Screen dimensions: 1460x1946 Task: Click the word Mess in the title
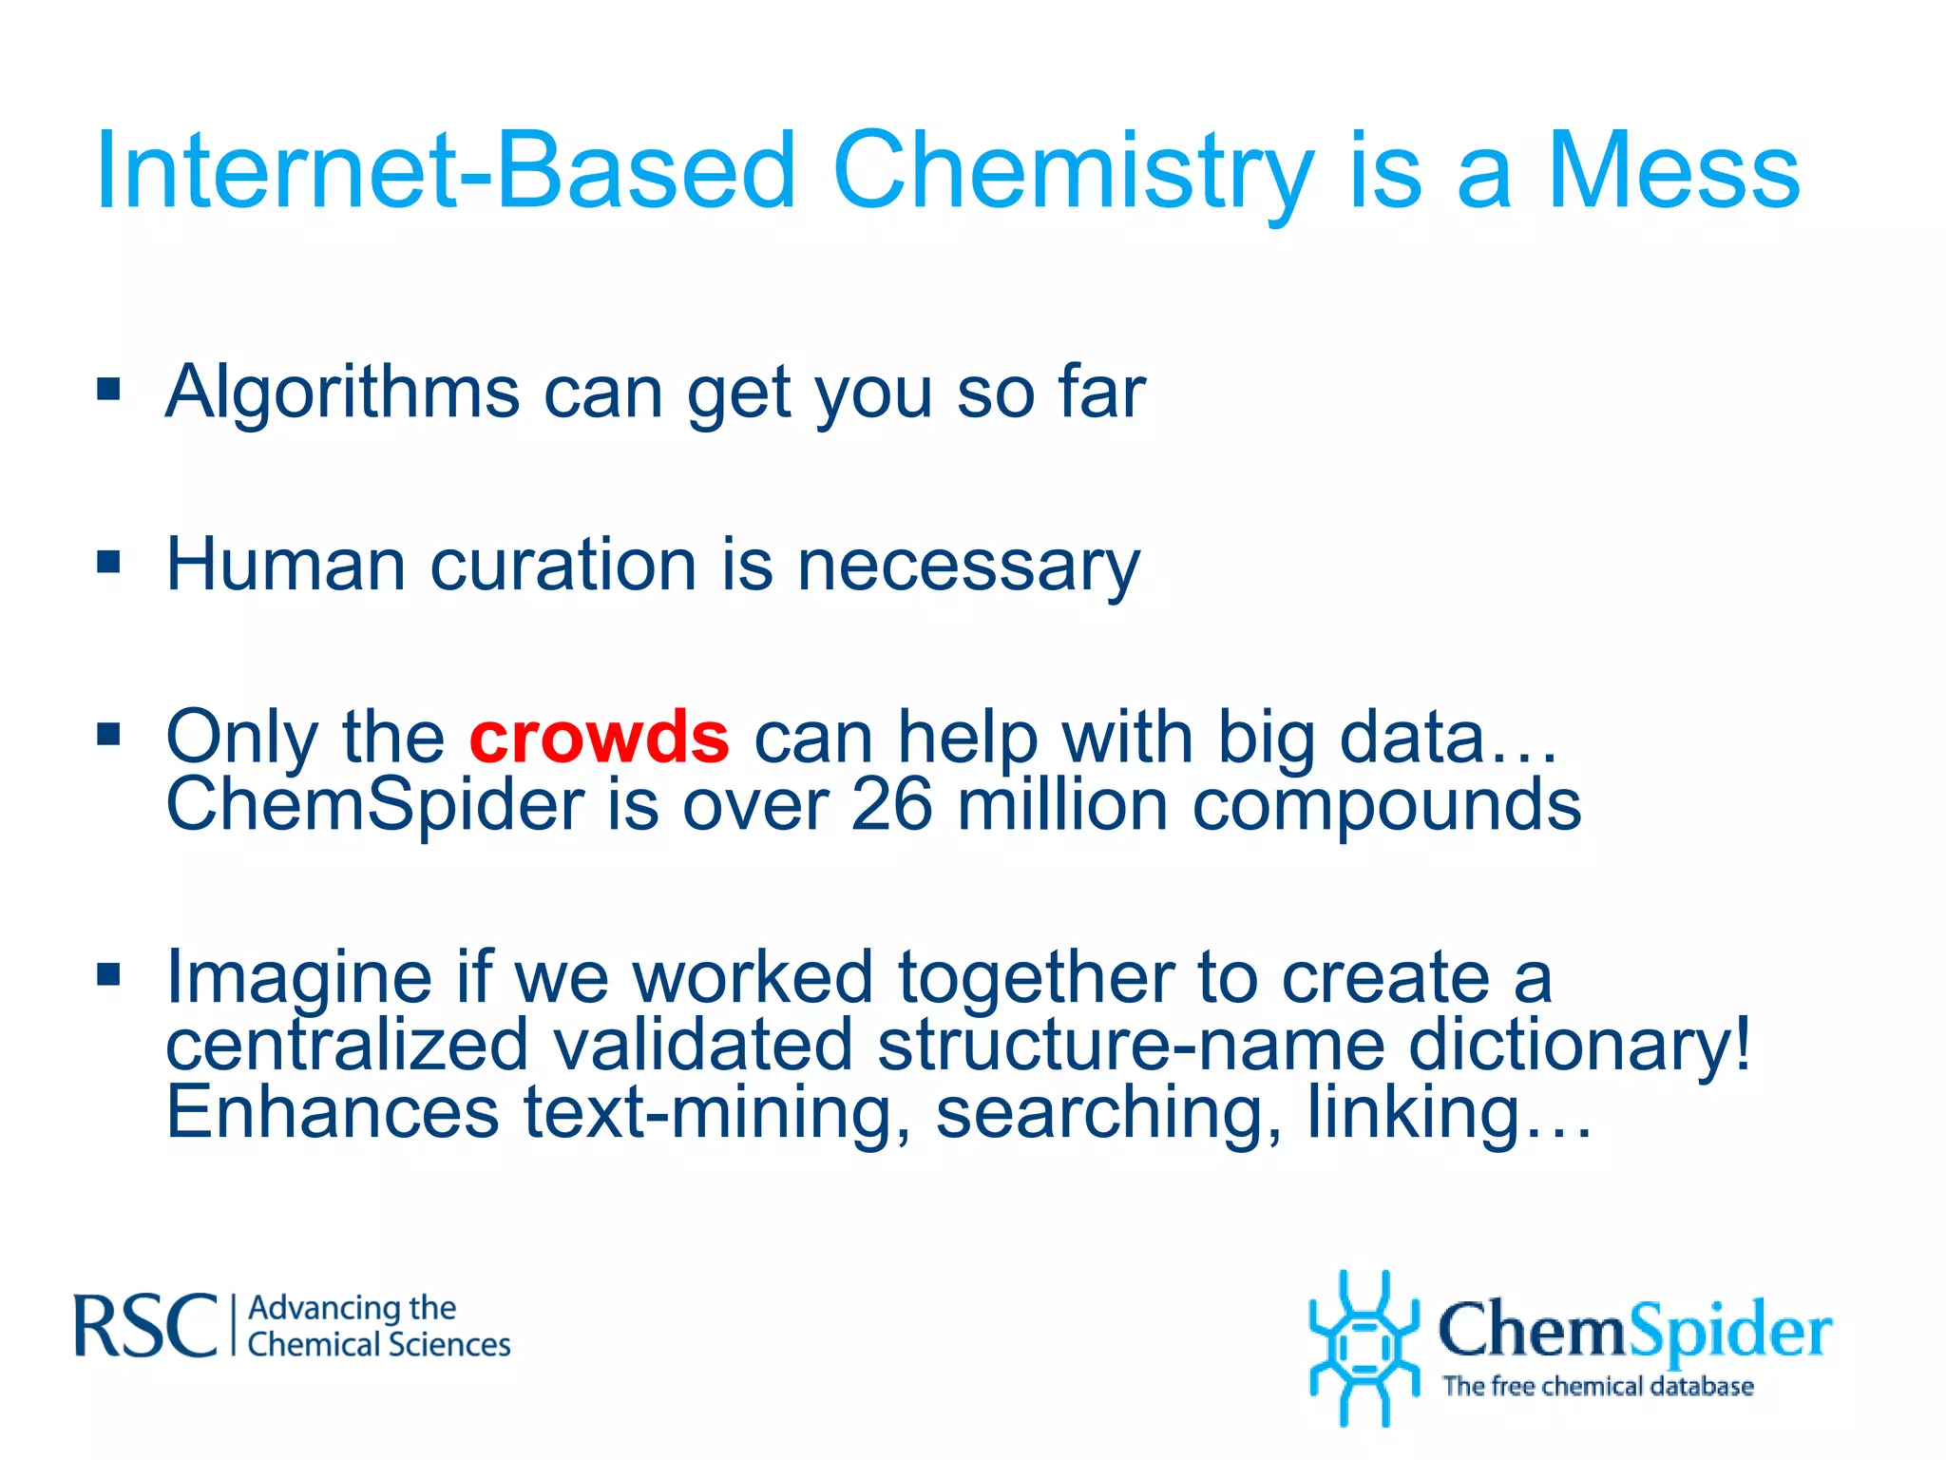click(1673, 171)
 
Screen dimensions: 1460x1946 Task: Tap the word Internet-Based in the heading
click(446, 171)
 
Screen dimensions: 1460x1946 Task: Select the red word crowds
click(600, 737)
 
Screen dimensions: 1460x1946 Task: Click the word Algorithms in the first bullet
click(343, 393)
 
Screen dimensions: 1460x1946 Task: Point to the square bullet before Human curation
click(109, 562)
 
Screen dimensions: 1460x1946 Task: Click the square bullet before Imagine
click(109, 974)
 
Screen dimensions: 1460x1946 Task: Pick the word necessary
click(968, 566)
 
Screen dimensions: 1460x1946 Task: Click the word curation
click(564, 566)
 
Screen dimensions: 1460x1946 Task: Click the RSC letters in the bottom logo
click(145, 1325)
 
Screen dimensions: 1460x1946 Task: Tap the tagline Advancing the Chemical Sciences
click(378, 1326)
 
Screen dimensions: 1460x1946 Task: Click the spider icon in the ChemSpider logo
click(1364, 1348)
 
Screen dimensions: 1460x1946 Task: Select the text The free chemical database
click(1597, 1386)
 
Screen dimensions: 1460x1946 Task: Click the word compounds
click(1386, 805)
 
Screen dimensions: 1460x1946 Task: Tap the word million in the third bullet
click(1062, 805)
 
